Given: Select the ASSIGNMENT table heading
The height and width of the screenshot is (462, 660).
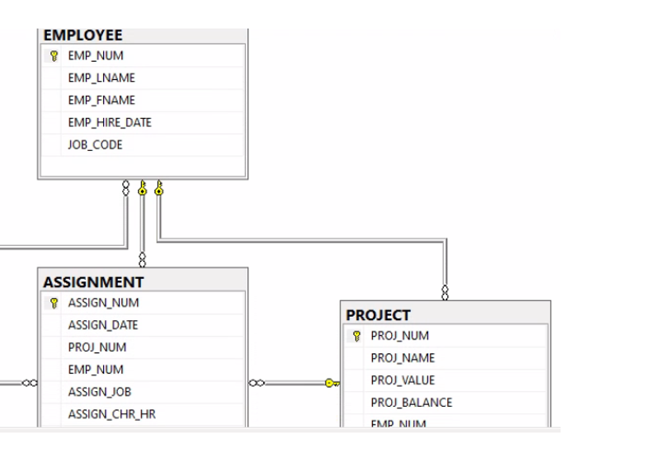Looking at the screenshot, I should tap(92, 282).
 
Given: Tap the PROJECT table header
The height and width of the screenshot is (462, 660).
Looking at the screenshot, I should tap(378, 315).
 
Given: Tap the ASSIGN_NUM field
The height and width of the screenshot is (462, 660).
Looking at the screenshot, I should tap(103, 303).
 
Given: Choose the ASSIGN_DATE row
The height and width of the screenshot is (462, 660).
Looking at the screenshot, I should tap(102, 325).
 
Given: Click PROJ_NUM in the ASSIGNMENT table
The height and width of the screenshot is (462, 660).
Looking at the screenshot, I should tap(97, 347).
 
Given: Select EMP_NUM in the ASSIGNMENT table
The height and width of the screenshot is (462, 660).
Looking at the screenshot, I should tap(95, 370).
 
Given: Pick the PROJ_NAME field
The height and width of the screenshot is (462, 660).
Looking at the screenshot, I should tap(403, 358).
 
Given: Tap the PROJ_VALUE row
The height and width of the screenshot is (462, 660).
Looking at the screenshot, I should tap(403, 380).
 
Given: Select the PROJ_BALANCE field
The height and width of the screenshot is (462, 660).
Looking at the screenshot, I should tap(411, 403).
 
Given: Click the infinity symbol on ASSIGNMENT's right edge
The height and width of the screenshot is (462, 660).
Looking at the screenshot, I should tap(256, 383).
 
